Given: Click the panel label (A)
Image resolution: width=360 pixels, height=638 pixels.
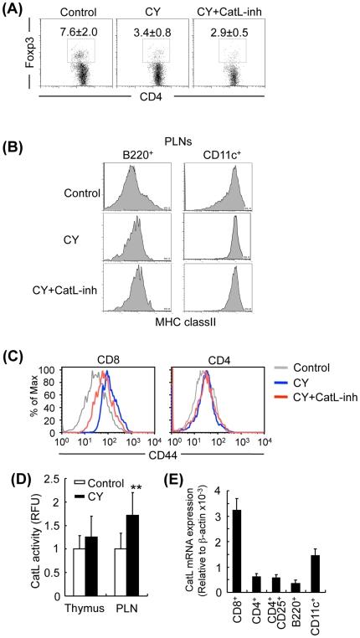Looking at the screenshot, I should [18, 10].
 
